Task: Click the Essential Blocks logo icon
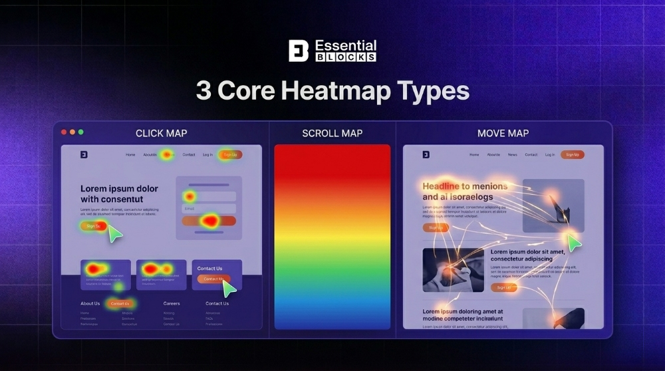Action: pos(299,51)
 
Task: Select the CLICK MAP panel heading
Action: pos(161,133)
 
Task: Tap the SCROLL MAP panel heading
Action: pos(332,133)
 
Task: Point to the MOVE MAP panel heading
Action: pos(503,133)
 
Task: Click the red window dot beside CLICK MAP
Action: pos(64,132)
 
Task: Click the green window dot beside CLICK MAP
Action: pos(80,132)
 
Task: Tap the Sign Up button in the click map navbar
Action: pos(230,155)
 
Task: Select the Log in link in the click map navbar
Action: pos(207,155)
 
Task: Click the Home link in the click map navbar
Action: pos(130,155)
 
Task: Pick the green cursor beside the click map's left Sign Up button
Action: pos(115,233)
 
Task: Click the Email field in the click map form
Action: pos(209,208)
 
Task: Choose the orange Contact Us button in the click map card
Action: pos(213,279)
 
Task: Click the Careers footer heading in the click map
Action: pos(172,303)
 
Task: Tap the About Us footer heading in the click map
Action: pos(90,303)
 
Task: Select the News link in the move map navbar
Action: pos(512,155)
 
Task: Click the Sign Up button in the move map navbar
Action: pos(572,155)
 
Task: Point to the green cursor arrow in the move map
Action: pos(574,243)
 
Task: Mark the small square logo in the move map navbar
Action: pos(426,155)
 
